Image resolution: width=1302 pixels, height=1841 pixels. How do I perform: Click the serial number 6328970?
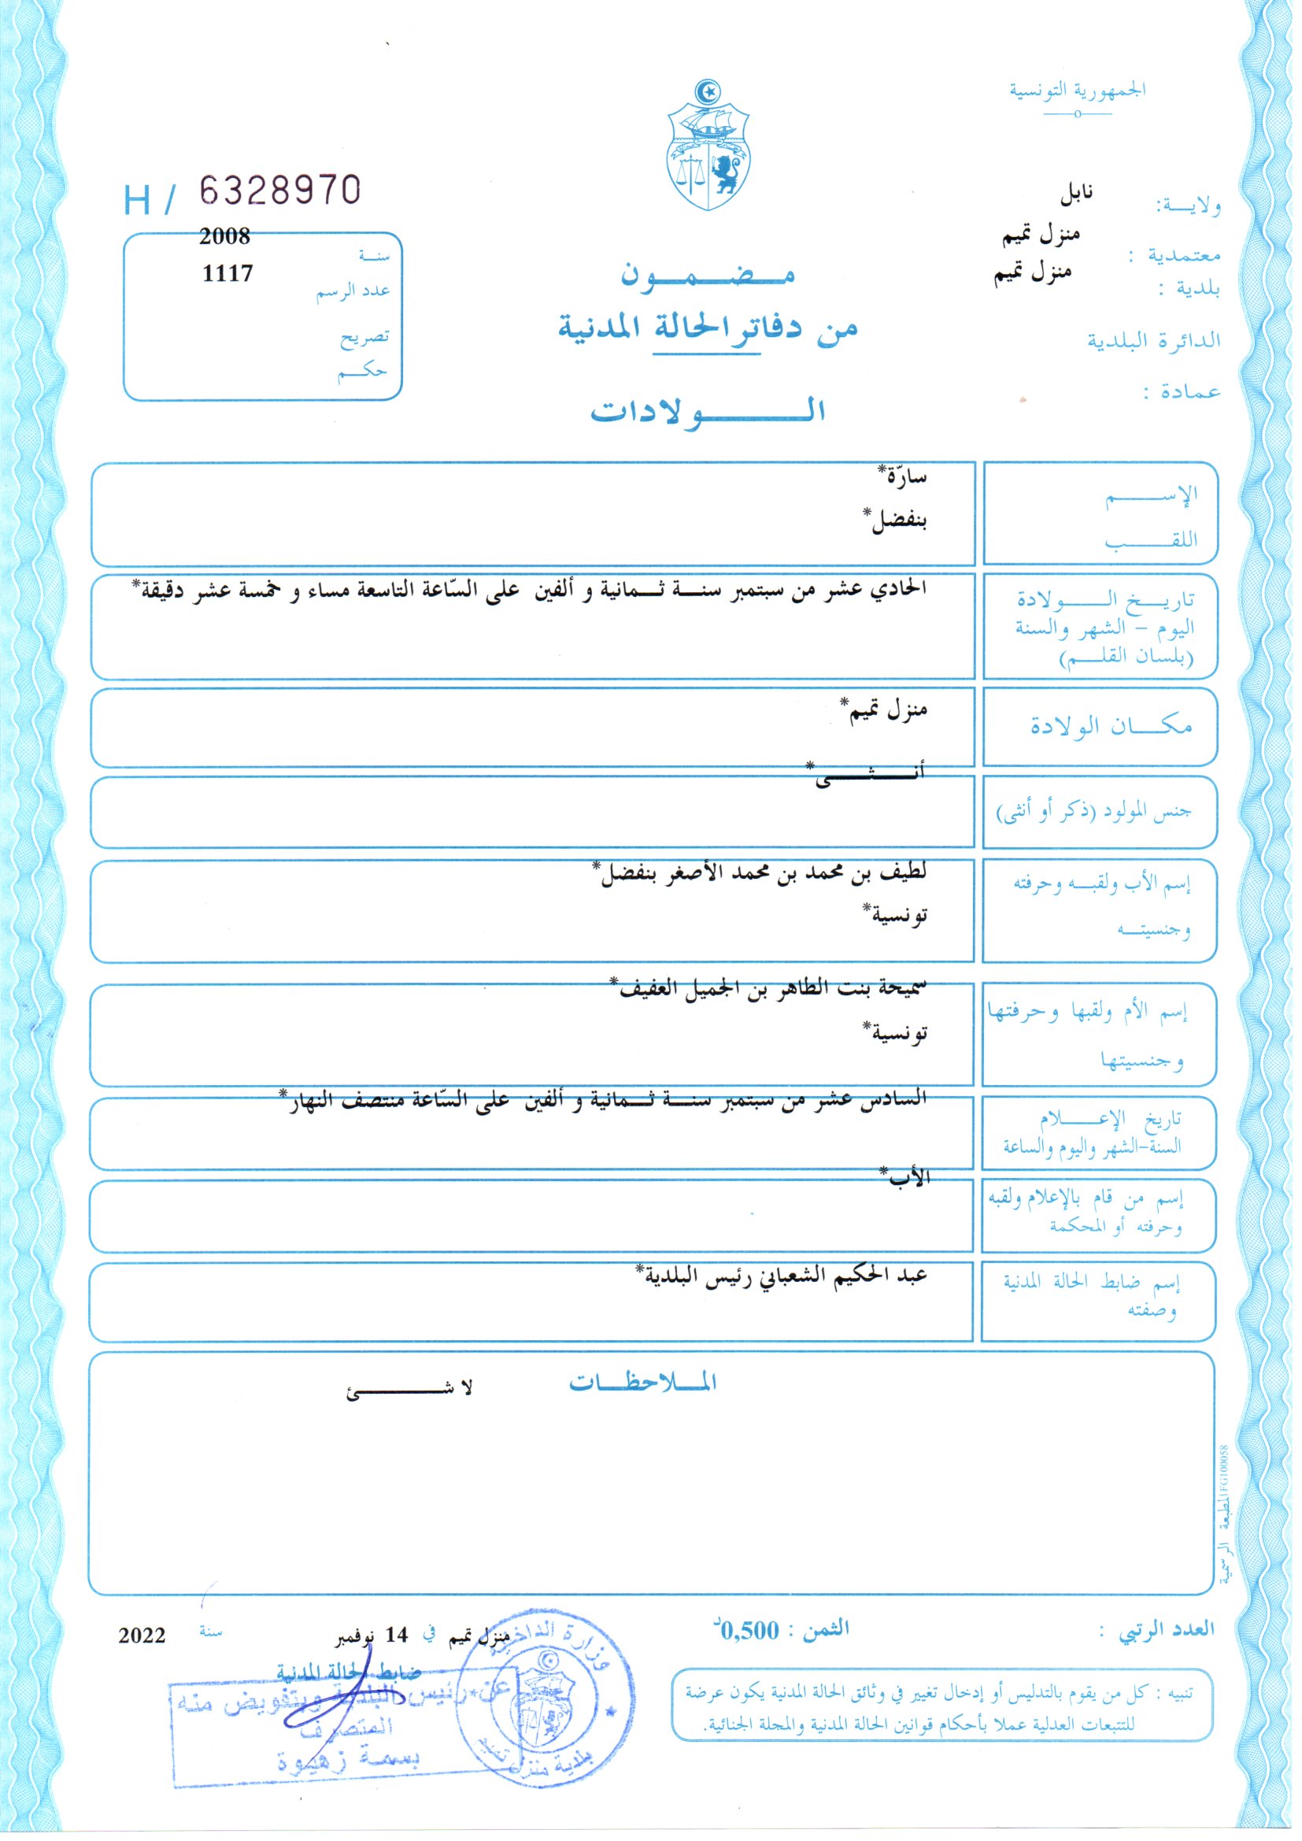coord(279,191)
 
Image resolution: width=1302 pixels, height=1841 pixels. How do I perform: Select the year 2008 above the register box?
coord(224,236)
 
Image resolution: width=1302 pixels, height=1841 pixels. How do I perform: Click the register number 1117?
coord(227,273)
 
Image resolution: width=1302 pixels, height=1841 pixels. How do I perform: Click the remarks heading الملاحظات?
coord(643,1383)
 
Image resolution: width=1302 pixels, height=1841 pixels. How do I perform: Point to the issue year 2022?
coord(142,1635)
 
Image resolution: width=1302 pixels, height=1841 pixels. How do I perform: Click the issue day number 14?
coord(397,1635)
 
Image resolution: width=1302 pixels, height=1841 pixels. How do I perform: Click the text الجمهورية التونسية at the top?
coord(1078,90)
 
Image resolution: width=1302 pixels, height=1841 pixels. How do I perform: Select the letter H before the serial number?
coord(137,201)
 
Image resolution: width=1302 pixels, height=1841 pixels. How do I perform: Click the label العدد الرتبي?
coord(1176,1629)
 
